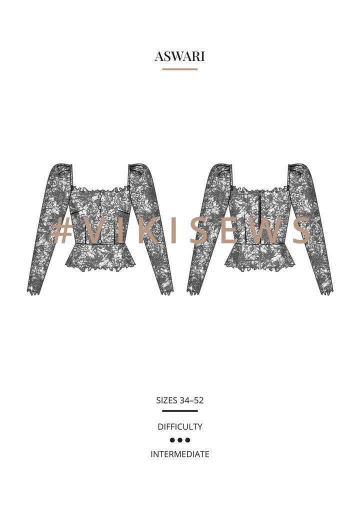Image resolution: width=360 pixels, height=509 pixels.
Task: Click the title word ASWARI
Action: coord(179,56)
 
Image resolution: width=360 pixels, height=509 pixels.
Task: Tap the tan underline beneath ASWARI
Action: coord(179,69)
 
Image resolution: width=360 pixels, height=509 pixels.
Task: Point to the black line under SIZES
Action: coord(179,411)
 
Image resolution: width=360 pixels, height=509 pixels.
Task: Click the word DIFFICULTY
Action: coord(179,427)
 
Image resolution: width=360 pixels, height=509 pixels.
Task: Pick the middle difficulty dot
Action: coord(180,440)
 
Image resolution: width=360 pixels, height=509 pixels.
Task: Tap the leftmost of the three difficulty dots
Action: coord(172,440)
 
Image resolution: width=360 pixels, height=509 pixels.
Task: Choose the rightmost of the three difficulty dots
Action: coord(187,440)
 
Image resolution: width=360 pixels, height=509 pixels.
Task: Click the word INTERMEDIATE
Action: coord(179,454)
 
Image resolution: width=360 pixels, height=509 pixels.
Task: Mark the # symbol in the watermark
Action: coord(62,231)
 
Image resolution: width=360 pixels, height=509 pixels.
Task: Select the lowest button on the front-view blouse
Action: coord(100,241)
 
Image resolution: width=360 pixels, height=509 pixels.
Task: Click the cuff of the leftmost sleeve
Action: coord(33,290)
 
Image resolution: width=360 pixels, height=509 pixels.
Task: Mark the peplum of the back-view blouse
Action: coord(260,257)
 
